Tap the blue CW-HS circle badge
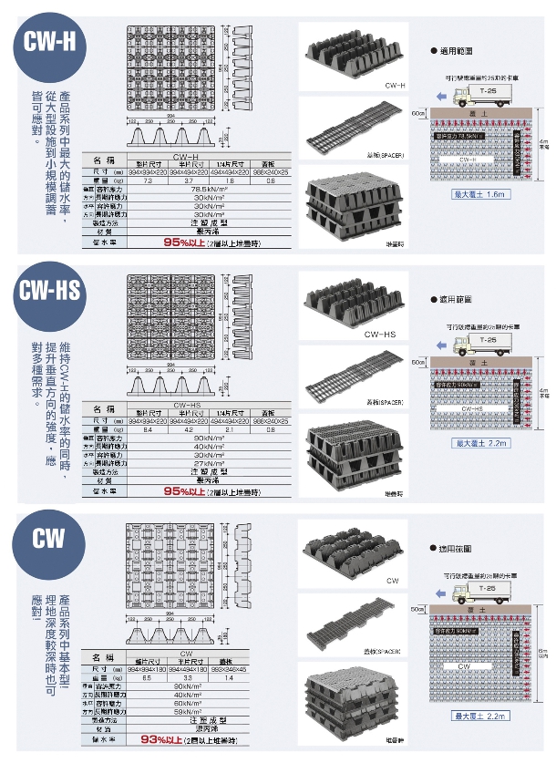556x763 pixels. point(50,292)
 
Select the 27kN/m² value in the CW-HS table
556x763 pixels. point(210,463)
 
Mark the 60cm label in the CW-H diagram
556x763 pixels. point(417,113)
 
